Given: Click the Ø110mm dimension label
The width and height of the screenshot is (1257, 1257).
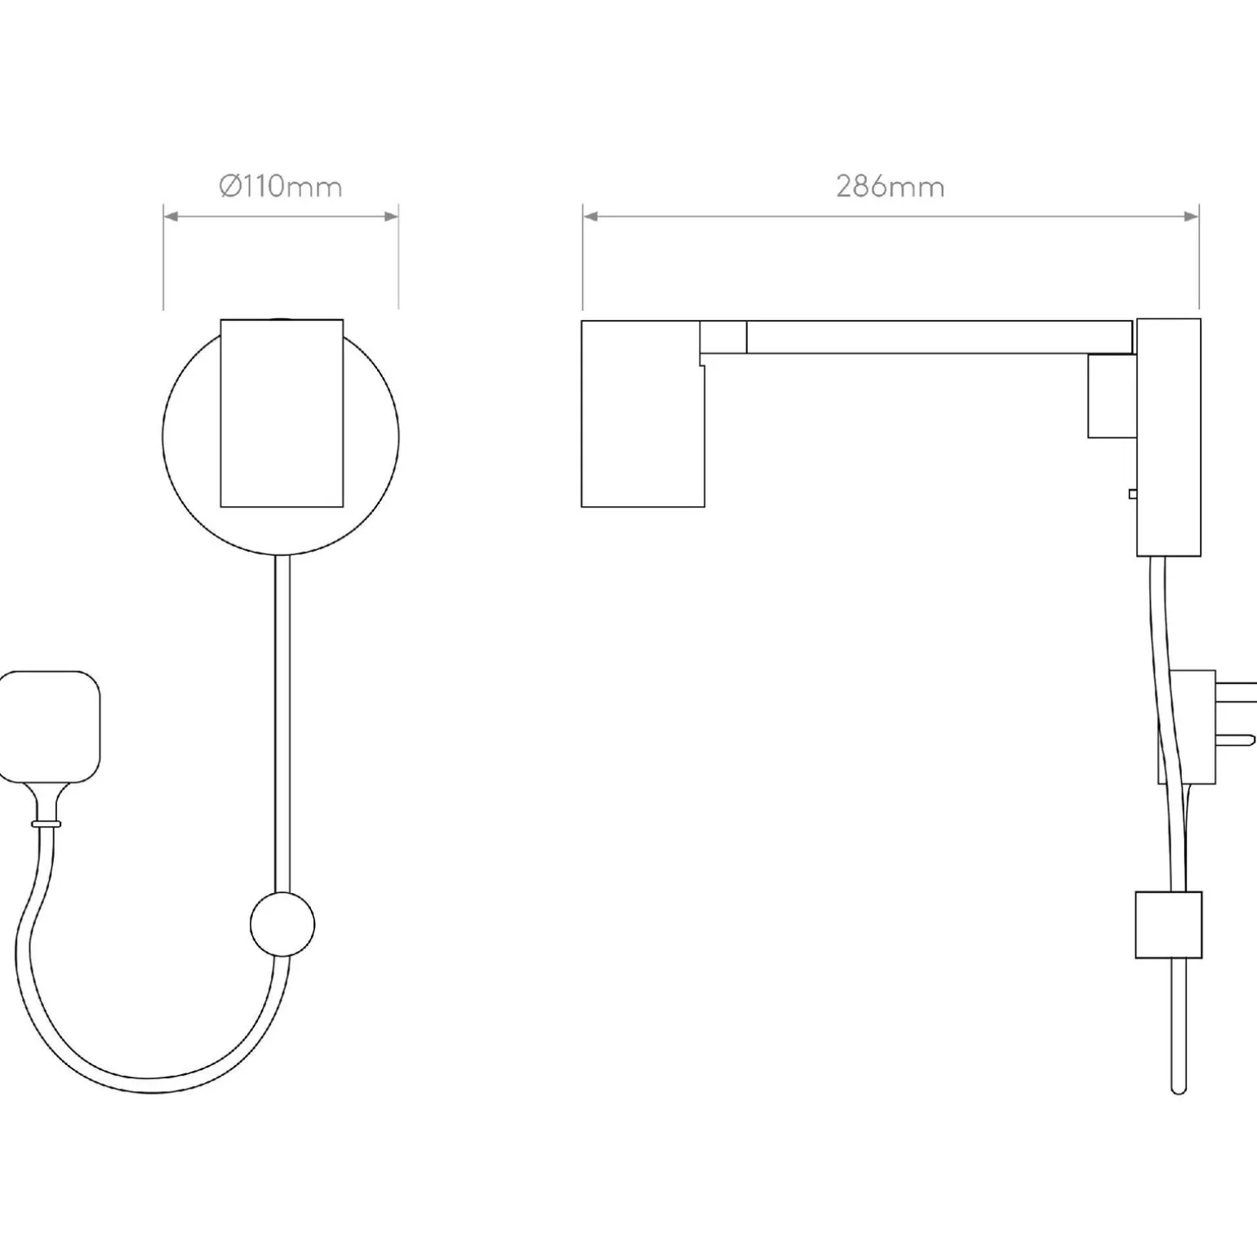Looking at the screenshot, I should [x=280, y=187].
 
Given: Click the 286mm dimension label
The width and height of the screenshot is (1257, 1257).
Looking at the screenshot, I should [x=890, y=187].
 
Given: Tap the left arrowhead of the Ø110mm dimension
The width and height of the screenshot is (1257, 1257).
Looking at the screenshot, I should [x=171, y=216].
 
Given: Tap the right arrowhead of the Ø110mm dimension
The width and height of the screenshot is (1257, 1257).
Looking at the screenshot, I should [x=392, y=216].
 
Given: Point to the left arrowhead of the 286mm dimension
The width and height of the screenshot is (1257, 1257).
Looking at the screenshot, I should [x=590, y=216].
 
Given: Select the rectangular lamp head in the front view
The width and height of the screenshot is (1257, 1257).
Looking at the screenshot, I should [x=282, y=413].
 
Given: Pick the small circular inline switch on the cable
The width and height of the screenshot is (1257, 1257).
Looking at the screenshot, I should [x=282, y=924].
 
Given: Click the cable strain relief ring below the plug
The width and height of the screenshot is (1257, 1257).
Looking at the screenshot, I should [x=46, y=824].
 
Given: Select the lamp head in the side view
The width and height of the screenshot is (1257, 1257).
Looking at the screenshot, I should [x=642, y=414].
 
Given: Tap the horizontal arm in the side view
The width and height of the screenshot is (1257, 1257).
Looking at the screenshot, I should [x=939, y=337].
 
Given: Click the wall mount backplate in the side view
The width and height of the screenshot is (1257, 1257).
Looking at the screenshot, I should [x=1169, y=437].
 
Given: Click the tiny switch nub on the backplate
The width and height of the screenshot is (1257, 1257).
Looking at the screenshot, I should [x=1132, y=493].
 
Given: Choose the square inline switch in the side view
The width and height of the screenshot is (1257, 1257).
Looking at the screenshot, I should [x=1168, y=924].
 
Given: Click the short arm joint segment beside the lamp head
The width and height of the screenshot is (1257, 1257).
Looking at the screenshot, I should [x=723, y=337].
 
